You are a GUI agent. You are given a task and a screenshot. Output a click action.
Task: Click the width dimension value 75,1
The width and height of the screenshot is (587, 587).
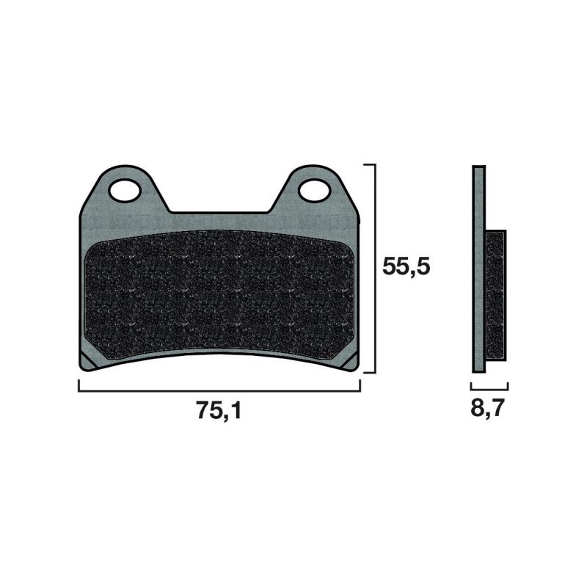point(219,412)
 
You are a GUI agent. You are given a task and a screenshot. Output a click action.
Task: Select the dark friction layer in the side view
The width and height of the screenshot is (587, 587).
point(496,293)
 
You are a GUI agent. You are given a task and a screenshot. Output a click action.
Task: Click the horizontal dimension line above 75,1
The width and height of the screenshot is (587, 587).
point(219,390)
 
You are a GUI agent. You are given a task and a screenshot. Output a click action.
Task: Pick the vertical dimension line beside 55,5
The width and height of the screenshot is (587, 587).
point(375,269)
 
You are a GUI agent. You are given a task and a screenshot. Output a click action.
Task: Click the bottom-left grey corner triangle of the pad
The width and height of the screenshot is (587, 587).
point(87,360)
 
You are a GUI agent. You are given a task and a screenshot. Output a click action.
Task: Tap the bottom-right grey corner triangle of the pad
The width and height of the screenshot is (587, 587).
point(351,361)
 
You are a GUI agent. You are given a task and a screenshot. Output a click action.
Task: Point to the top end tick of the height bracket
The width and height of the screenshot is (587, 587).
point(370,165)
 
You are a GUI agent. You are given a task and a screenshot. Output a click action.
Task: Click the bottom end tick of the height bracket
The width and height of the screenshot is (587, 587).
point(370,372)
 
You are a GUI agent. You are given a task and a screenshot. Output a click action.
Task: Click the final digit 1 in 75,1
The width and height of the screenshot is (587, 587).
point(236,412)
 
